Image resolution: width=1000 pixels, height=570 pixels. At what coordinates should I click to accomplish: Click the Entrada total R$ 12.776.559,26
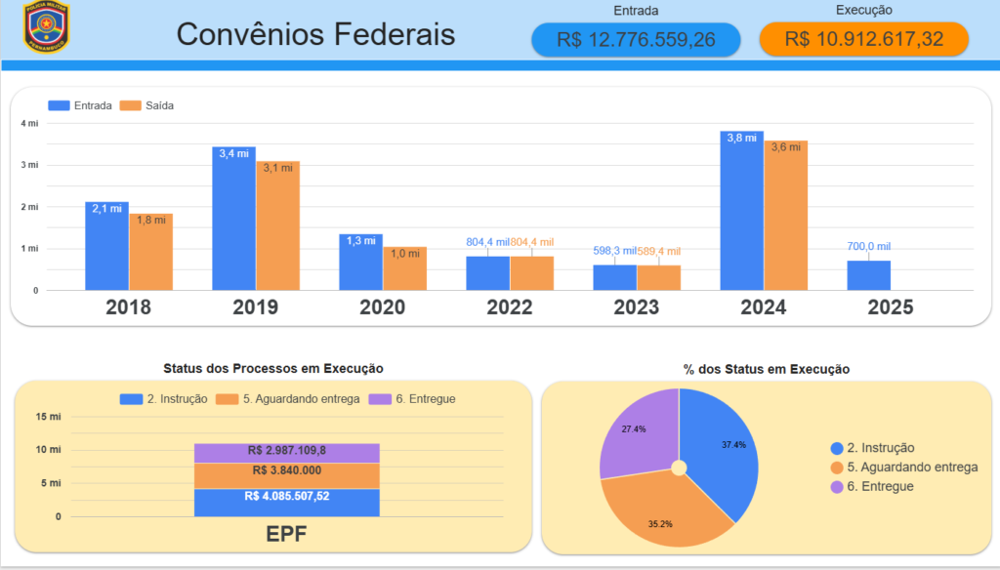[x=636, y=39]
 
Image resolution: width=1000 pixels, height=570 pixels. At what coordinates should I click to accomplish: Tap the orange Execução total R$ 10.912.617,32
[x=863, y=39]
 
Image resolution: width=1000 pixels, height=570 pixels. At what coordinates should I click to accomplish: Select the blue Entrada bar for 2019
[x=233, y=220]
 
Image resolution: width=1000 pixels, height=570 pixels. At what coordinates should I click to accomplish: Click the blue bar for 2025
[x=868, y=275]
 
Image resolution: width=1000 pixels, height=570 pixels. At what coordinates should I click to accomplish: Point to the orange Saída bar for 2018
[x=150, y=253]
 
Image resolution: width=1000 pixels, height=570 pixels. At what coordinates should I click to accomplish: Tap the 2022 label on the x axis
[x=510, y=307]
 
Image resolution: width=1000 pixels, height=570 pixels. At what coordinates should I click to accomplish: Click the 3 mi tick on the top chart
[x=29, y=165]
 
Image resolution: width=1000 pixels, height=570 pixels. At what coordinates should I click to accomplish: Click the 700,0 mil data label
[x=868, y=247]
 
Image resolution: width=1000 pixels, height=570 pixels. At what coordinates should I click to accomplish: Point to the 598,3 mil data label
[x=614, y=251]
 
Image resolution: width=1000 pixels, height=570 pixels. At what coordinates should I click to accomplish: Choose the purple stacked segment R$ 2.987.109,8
[x=286, y=452]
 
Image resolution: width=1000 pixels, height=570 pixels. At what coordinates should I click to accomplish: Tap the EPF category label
[x=286, y=534]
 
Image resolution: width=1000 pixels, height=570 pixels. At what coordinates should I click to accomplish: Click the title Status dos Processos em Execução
[x=272, y=368]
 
